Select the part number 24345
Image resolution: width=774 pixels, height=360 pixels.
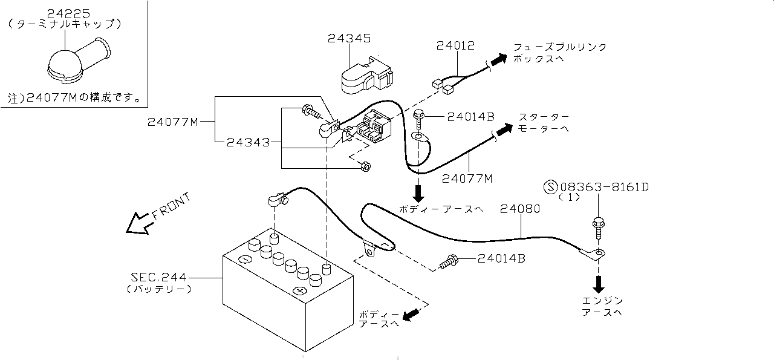349,38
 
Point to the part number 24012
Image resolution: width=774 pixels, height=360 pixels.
456,45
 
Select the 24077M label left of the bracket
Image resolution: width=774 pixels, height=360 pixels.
173,122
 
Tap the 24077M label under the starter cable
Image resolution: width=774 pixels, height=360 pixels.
467,178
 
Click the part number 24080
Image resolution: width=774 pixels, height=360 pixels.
520,209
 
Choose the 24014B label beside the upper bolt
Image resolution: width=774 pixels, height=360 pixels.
471,117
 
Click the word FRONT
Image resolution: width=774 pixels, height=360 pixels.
171,205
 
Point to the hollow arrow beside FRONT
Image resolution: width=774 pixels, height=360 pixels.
137,223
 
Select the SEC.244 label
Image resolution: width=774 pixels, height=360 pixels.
159,277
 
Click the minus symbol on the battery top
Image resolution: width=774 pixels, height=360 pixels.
245,260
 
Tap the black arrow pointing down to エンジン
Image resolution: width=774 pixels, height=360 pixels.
599,283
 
